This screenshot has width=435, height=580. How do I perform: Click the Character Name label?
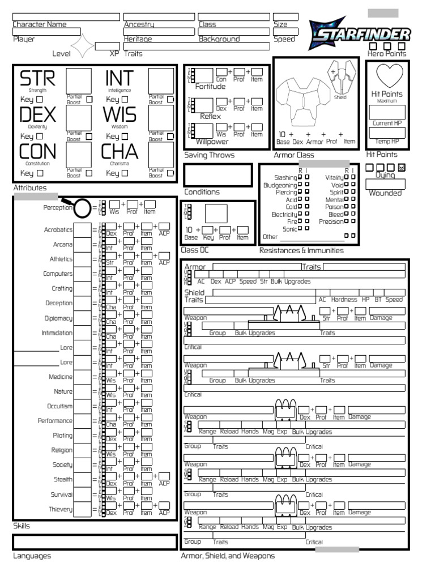(39, 24)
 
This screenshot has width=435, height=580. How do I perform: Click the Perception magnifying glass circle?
(82, 208)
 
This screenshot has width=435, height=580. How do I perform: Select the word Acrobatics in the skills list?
(58, 230)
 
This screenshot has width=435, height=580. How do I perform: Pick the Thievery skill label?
(60, 509)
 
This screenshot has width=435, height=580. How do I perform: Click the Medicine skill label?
(61, 377)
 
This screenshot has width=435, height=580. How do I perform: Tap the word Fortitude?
(210, 87)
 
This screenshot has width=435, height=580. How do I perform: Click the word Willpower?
(212, 142)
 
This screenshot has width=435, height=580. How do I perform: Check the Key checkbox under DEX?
(40, 137)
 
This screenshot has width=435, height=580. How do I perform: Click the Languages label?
(32, 556)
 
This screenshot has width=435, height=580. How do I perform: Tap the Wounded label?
(385, 193)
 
